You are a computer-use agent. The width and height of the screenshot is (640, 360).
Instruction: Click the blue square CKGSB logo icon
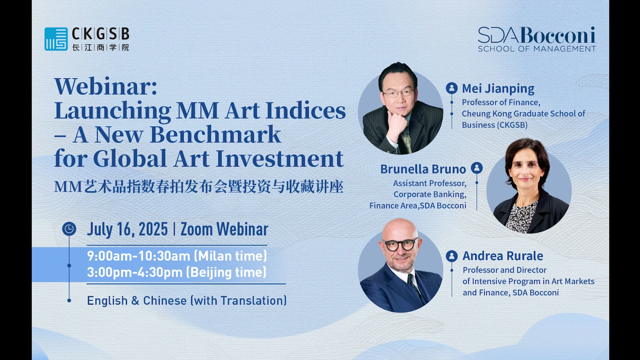point(56,39)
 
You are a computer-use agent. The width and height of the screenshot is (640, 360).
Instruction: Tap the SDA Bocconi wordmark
point(536,35)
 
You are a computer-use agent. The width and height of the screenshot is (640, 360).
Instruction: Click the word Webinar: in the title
point(106,86)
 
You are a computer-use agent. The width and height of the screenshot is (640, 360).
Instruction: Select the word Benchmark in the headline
point(215,135)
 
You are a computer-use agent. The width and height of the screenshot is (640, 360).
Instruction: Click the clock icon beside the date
point(69,229)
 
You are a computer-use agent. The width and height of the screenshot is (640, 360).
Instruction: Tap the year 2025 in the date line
point(153,229)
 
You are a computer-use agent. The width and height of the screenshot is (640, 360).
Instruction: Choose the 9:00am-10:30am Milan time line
point(177,256)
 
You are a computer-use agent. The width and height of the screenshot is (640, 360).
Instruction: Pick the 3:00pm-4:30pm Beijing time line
point(177,272)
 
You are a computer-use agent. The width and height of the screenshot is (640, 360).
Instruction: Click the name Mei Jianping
point(498,89)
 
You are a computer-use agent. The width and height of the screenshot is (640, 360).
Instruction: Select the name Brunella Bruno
point(423,169)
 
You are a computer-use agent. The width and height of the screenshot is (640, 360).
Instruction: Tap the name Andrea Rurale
point(503,256)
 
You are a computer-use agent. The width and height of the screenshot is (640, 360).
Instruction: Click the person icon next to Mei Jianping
point(452,88)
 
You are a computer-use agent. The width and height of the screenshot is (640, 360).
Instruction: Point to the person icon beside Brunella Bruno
point(477,168)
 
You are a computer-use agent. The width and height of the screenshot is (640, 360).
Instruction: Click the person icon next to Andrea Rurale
point(452,256)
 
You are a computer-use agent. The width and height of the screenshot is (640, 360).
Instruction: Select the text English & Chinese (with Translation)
point(187,301)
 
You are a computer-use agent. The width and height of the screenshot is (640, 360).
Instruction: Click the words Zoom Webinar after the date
point(224,229)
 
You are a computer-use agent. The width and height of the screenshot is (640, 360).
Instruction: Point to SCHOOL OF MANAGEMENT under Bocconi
point(537,49)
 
